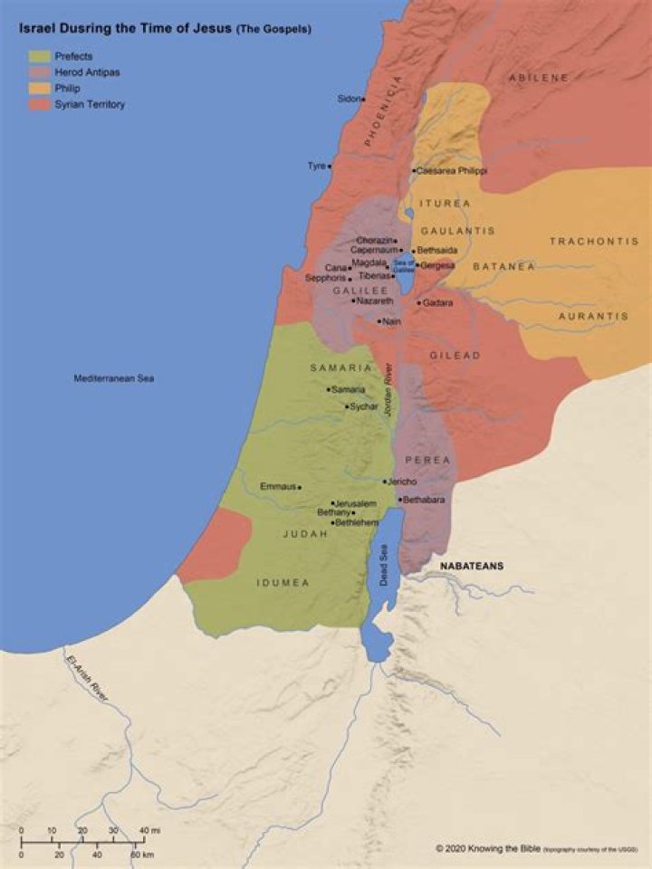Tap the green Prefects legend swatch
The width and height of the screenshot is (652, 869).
click(39, 56)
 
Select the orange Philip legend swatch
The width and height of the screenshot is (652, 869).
click(39, 89)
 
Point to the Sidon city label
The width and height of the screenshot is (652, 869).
click(348, 99)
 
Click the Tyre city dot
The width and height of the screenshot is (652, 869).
click(331, 166)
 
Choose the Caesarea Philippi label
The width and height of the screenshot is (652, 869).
click(452, 171)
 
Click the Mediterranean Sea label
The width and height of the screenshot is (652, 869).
click(113, 377)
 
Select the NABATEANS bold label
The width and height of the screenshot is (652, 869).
click(472, 566)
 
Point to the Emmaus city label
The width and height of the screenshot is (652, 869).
click(278, 487)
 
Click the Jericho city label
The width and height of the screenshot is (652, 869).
click(402, 482)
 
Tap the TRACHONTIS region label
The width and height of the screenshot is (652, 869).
click(588, 241)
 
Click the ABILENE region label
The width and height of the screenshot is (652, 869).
click(538, 79)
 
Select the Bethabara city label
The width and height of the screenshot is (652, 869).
click(426, 499)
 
